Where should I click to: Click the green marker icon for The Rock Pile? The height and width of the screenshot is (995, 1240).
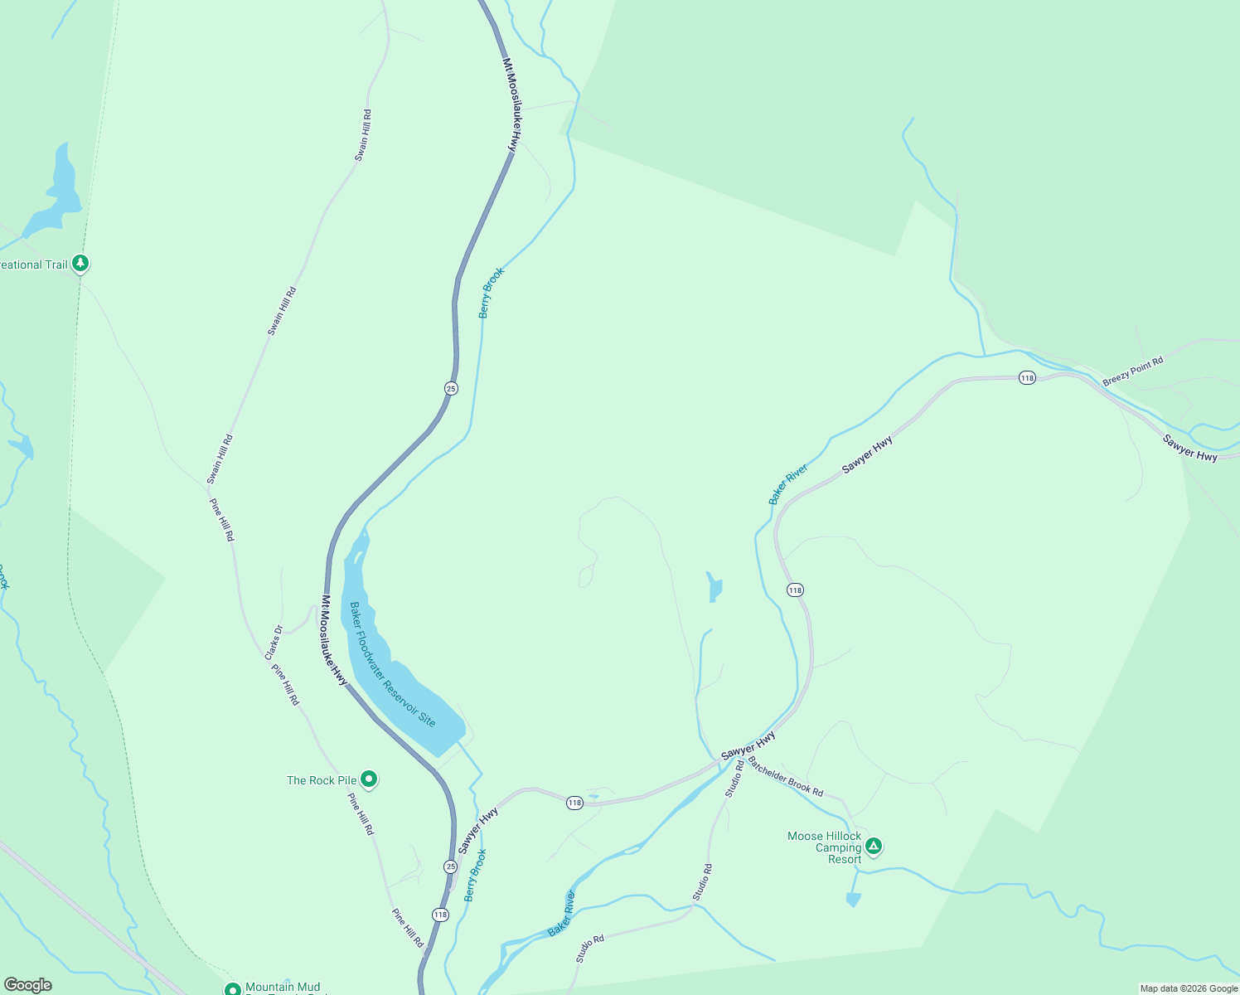click(x=369, y=779)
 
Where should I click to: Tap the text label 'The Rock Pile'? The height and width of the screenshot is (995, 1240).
click(x=322, y=780)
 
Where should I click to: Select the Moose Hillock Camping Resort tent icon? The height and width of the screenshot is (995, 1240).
click(x=873, y=846)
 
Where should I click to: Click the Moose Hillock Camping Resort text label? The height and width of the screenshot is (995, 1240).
click(x=826, y=847)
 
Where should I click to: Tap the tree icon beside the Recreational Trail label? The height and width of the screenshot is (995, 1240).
click(x=80, y=264)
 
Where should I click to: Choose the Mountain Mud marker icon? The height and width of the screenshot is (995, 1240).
click(x=233, y=988)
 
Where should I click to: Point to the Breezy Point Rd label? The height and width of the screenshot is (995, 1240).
click(x=1132, y=371)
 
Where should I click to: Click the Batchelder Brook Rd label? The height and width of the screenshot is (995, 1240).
click(x=785, y=777)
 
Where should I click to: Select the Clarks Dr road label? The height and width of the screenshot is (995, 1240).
click(x=274, y=643)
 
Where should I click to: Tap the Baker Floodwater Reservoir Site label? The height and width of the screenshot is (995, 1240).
click(x=392, y=664)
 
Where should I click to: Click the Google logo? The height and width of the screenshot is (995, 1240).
click(x=28, y=985)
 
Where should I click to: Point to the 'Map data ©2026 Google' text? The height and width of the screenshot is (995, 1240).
click(x=1189, y=988)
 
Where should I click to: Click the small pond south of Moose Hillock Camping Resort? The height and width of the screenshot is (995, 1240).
click(x=853, y=900)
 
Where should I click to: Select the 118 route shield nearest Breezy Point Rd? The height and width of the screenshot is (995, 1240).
click(x=1028, y=377)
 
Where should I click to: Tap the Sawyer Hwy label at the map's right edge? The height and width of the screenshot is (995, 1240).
click(x=1190, y=448)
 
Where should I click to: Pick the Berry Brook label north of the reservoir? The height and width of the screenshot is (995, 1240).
click(x=491, y=293)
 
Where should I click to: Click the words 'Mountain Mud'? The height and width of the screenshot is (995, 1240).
click(x=283, y=987)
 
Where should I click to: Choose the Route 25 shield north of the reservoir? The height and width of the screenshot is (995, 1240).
click(x=451, y=388)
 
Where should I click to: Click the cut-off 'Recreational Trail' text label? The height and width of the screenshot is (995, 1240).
click(x=33, y=265)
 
